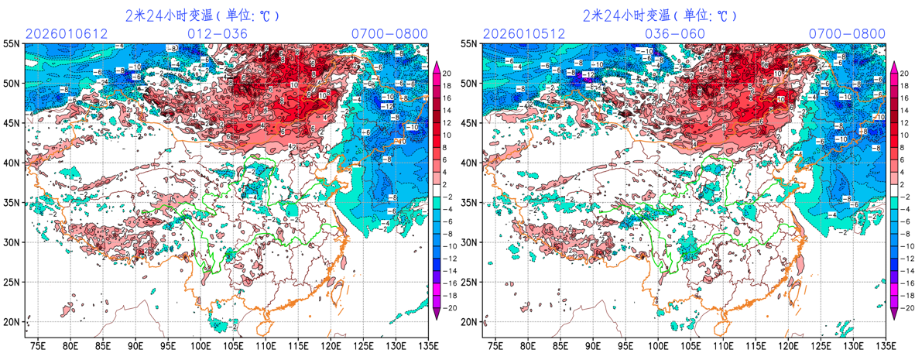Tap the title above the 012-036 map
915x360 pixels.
pyautogui.click(x=202, y=15)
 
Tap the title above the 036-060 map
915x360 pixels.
pyautogui.click(x=660, y=15)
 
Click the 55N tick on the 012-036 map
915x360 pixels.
pyautogui.click(x=12, y=43)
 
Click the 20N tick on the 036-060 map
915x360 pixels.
pyautogui.click(x=469, y=321)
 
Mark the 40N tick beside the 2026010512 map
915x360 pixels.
pyautogui.click(x=469, y=163)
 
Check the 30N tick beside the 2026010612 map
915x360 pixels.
pyautogui.click(x=12, y=242)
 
